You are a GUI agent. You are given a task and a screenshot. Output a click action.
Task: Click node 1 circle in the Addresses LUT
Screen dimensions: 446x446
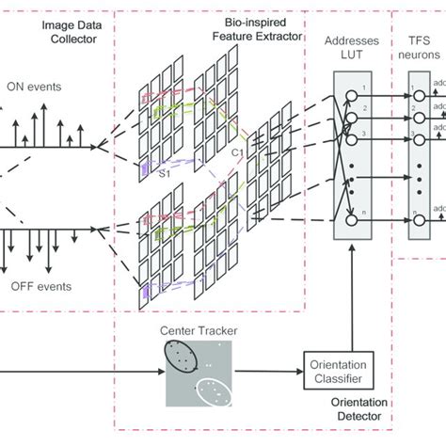point(351,99)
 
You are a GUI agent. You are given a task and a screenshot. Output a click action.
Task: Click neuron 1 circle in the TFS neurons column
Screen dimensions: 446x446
point(418,99)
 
